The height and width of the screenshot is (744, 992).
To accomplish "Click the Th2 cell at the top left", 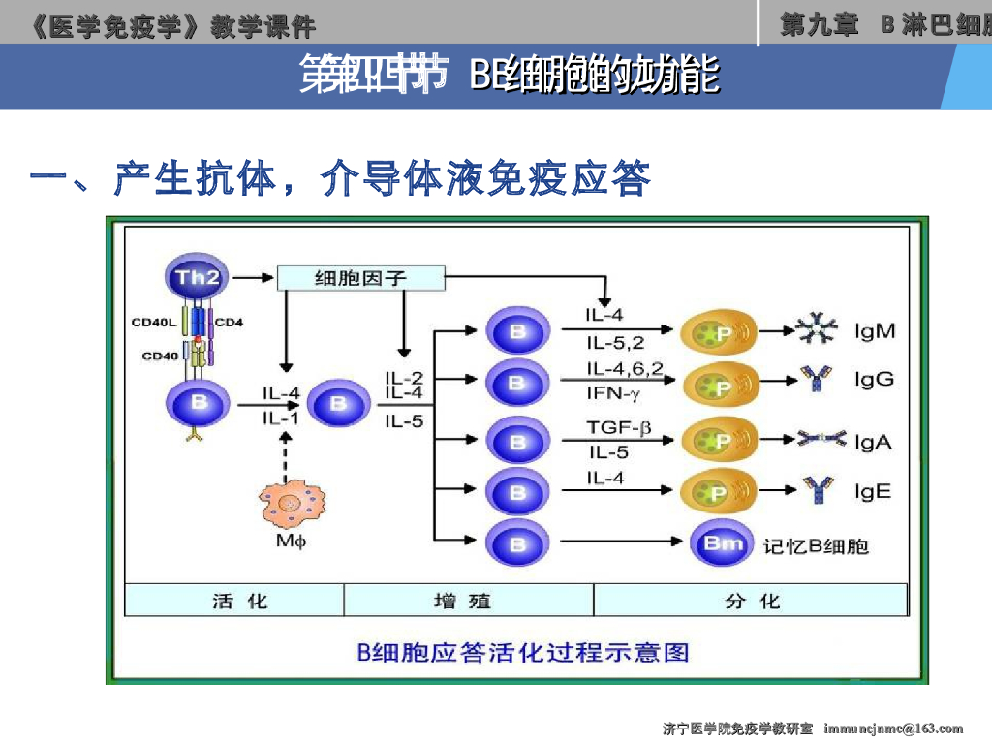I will pyautogui.click(x=198, y=277).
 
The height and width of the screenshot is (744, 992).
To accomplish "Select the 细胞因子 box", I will pyautogui.click(x=360, y=278).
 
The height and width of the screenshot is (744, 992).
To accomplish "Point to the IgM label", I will pyautogui.click(x=875, y=331).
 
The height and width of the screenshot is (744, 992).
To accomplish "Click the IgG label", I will pyautogui.click(x=874, y=379).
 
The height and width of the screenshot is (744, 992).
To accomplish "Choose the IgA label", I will pyautogui.click(x=872, y=442).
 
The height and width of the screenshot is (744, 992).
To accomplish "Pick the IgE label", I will pyautogui.click(x=872, y=491).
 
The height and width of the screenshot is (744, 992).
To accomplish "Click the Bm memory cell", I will pyautogui.click(x=724, y=544).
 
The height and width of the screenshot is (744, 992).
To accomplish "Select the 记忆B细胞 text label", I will pyautogui.click(x=816, y=546).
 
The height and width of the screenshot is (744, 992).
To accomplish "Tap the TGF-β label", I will pyautogui.click(x=617, y=426).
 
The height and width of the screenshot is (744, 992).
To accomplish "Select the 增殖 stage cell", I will pyautogui.click(x=468, y=601).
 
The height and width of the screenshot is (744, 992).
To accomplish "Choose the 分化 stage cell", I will pyautogui.click(x=751, y=601).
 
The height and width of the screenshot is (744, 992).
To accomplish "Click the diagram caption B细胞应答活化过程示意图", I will pyautogui.click(x=523, y=652).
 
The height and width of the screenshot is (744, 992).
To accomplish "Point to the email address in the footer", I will pyautogui.click(x=893, y=728).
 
